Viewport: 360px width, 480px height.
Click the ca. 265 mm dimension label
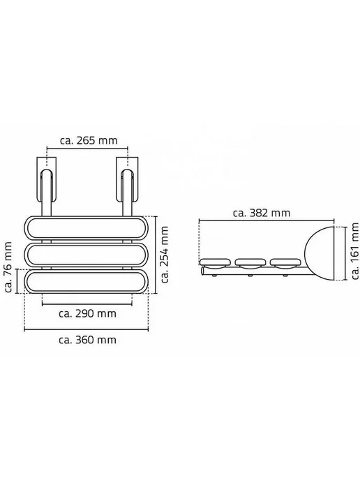[89, 140]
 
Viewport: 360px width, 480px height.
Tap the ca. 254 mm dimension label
[165, 255]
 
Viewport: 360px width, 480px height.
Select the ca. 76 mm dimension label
[8, 267]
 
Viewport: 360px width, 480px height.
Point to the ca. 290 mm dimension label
[87, 314]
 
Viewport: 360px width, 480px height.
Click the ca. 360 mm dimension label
[87, 340]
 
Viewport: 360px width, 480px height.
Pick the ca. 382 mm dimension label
[262, 213]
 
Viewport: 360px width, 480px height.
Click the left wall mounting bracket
[47, 179]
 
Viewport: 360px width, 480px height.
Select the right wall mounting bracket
[127, 179]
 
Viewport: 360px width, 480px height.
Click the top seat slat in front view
[86, 229]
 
